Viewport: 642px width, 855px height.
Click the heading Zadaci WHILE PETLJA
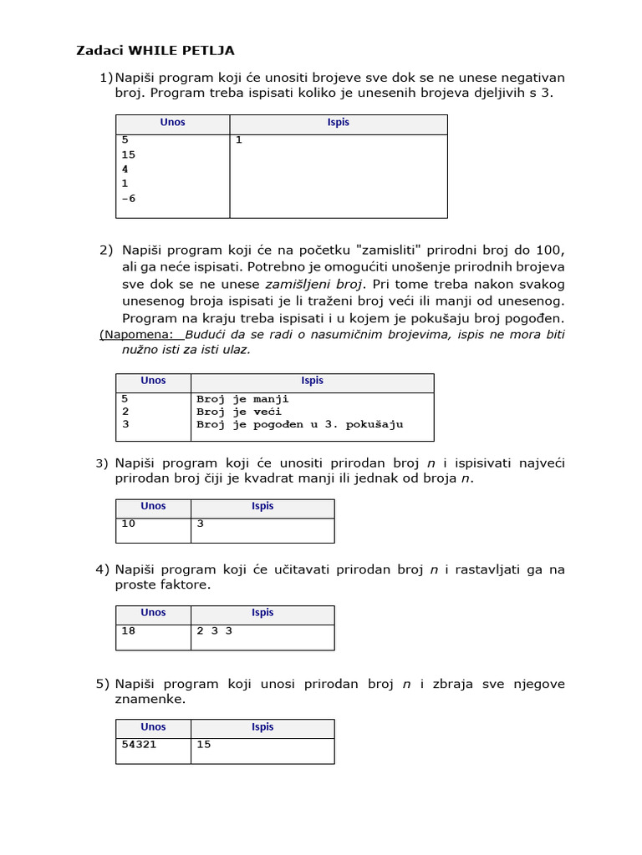tap(156, 51)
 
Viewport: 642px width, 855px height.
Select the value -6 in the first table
tap(128, 199)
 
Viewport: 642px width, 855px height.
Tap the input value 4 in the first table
tap(125, 169)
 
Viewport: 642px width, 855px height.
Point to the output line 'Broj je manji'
tap(242, 399)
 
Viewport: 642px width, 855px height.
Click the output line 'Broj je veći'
tap(239, 412)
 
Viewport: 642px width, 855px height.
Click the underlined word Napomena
tap(137, 335)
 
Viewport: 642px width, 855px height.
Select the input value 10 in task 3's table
tap(128, 524)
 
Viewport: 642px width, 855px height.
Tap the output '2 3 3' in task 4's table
tap(214, 631)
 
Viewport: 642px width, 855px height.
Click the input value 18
tap(128, 631)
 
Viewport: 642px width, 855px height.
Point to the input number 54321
tap(139, 745)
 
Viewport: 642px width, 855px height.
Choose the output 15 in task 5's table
tap(204, 745)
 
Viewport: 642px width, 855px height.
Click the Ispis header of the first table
tap(339, 123)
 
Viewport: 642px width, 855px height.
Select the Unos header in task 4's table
tap(153, 613)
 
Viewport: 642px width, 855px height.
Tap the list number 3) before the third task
tap(102, 463)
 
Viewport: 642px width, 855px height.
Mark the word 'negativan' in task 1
tap(529, 78)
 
